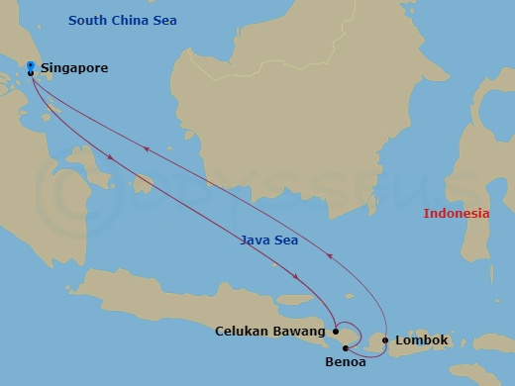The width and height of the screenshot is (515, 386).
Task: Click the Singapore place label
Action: [74, 68]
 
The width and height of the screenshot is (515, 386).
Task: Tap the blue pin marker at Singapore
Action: [31, 66]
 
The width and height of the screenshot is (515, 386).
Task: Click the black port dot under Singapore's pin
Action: [31, 73]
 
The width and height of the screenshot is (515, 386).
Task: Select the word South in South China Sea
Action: [87, 20]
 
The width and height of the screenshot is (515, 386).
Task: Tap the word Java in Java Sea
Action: [255, 240]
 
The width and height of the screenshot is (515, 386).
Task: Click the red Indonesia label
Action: [457, 214]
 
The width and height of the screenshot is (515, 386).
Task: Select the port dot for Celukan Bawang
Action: [336, 332]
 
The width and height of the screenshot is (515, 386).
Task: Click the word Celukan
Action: [244, 332]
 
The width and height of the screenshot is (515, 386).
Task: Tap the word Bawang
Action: [300, 332]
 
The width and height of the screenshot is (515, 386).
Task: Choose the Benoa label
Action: [346, 363]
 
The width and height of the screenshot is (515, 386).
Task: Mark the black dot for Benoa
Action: [345, 347]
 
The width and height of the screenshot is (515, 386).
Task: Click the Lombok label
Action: [422, 340]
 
